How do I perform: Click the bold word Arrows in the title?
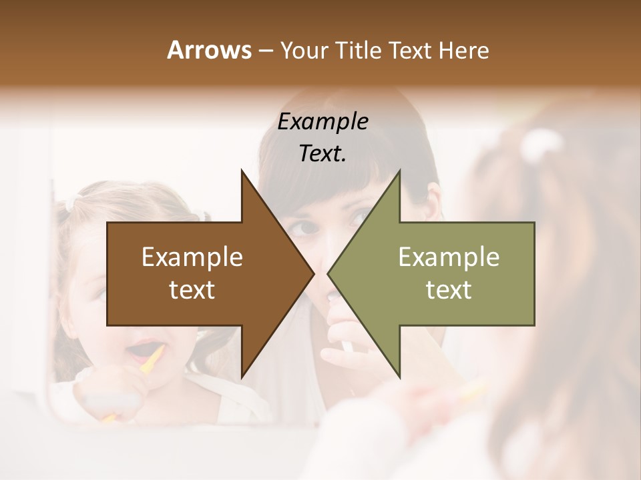tap(208, 50)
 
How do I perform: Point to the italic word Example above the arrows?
tap(323, 122)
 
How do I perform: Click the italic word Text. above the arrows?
tap(323, 154)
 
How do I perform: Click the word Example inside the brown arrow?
tap(192, 257)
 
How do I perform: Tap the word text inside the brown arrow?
tap(192, 290)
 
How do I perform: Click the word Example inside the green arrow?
tap(449, 257)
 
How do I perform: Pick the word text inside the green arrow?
tap(449, 290)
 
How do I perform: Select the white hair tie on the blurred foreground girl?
tap(542, 143)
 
